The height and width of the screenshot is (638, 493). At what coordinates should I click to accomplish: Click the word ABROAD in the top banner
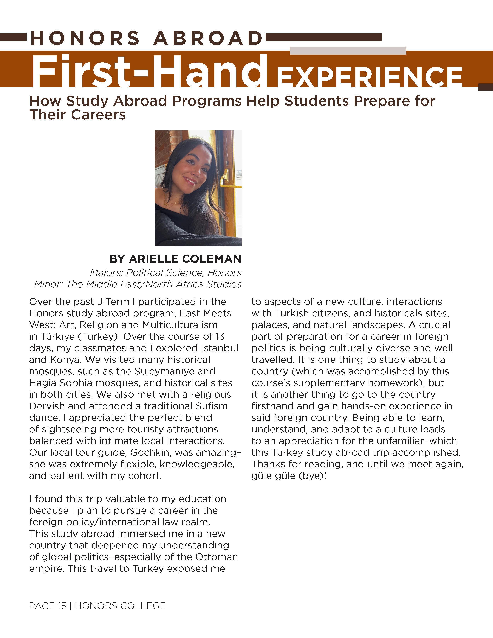tap(208, 38)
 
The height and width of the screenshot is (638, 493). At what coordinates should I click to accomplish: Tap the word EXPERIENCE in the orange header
tap(369, 77)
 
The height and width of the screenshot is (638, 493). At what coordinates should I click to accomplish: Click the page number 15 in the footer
tap(62, 606)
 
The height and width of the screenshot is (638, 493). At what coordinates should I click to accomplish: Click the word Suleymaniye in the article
tap(175, 371)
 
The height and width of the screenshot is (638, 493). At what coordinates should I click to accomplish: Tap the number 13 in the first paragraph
tap(220, 337)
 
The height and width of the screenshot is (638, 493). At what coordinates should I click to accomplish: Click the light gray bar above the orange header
tap(348, 50)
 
